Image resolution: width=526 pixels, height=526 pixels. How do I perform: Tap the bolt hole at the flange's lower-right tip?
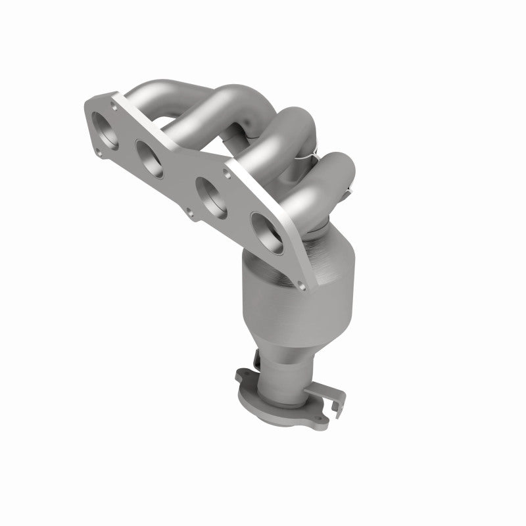(x=302, y=284)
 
